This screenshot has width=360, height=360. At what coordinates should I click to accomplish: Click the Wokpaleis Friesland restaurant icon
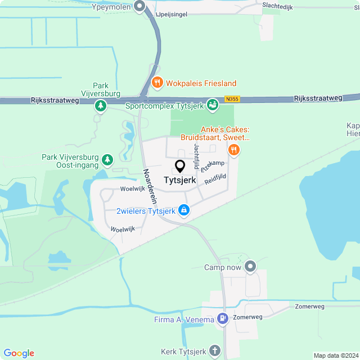157,82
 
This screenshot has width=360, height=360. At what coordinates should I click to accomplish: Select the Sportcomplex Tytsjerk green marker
212,105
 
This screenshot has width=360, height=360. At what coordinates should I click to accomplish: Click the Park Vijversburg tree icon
101,105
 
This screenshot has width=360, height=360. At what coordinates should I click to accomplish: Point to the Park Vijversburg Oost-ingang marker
107,161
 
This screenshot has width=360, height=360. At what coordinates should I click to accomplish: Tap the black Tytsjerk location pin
181,166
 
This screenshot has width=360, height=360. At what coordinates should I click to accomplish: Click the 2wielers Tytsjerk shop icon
183,211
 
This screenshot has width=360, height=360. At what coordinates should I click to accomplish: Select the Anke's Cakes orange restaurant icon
234,150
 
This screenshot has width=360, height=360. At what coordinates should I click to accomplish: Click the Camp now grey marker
250,267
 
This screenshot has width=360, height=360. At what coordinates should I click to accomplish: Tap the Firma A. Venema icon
223,319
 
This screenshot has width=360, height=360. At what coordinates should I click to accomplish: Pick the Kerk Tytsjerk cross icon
214,352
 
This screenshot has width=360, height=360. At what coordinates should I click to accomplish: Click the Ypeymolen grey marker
141,7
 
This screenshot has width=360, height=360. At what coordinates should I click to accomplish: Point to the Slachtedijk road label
279,7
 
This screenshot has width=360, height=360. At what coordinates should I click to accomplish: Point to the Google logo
19,353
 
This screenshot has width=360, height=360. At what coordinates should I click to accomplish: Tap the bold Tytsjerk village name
180,181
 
